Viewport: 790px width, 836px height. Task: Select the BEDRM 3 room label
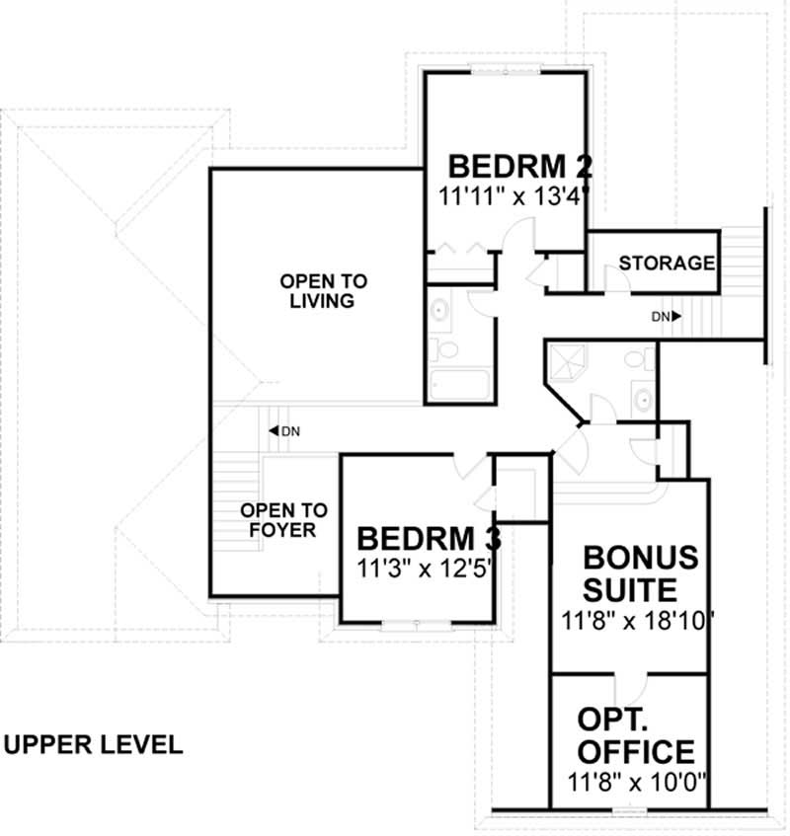coord(429,540)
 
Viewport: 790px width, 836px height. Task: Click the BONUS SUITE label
coord(640,573)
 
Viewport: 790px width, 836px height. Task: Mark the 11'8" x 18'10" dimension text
coord(637,622)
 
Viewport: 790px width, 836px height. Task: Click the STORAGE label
coord(667,264)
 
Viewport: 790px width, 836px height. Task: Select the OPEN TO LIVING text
coord(316,290)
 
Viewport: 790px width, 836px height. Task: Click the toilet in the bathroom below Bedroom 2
coord(447,349)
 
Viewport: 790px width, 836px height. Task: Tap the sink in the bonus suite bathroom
coord(643,400)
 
